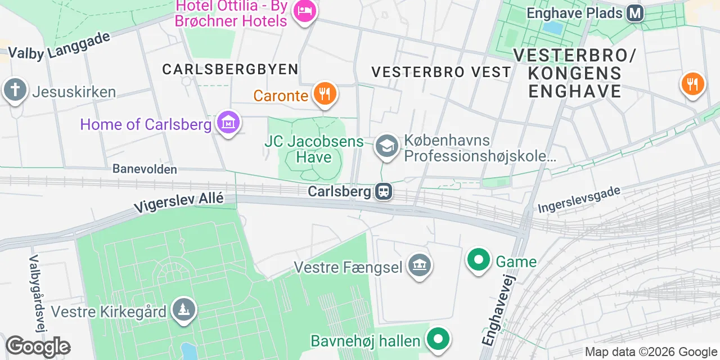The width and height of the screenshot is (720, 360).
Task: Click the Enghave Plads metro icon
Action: pos(636,13)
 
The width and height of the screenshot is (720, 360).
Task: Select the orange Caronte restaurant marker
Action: pos(325,94)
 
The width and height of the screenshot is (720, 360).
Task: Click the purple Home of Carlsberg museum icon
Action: pos(228,122)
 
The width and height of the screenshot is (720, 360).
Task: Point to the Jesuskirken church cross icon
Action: pos(15,90)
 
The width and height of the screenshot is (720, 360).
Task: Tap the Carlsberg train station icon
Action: pos(384,192)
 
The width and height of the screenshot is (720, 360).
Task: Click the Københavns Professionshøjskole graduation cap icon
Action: pos(386,146)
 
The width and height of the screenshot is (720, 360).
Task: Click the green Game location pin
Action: pos(479,260)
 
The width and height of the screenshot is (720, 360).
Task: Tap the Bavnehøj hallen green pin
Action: pos(437,339)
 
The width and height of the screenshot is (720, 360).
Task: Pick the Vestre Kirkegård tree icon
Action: pos(183,310)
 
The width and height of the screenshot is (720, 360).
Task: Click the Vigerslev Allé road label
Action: pos(179,202)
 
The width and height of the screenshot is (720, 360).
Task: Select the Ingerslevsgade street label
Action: pos(579,200)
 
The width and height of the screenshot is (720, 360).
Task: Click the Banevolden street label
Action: pos(145,169)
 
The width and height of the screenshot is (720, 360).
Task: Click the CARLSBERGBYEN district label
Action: pos(230,69)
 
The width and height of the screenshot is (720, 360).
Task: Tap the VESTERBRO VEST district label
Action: pos(442,72)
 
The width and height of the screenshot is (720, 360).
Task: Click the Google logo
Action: pos(38,347)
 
